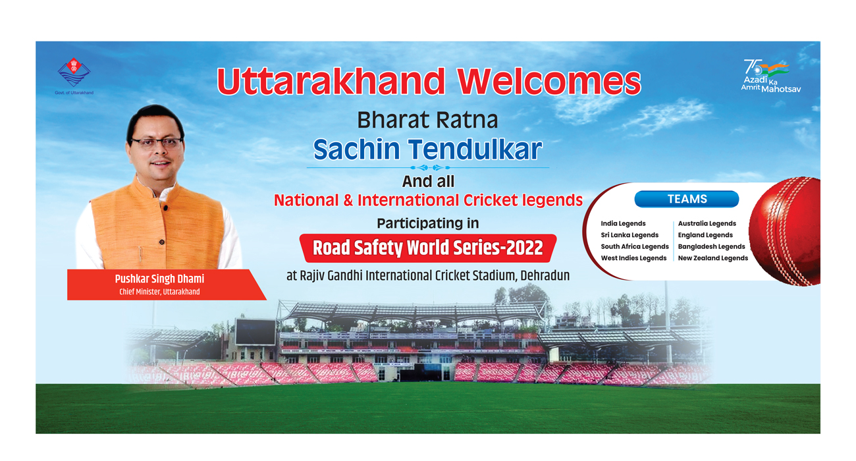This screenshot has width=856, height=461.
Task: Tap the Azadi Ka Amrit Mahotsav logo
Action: click(770, 76)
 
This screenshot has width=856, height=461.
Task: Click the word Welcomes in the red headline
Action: click(549, 82)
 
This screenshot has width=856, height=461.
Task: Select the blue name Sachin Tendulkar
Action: click(427, 149)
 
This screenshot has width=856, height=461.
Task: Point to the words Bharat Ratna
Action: click(427, 120)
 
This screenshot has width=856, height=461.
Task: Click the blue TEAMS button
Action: click(687, 199)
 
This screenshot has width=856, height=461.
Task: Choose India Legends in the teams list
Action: click(623, 224)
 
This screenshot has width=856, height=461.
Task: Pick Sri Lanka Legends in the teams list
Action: click(629, 235)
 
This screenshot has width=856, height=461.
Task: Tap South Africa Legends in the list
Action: click(635, 246)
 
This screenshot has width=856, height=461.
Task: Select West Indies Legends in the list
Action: click(633, 258)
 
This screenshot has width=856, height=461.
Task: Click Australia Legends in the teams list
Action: click(707, 224)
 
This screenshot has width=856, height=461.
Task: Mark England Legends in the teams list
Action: click(705, 235)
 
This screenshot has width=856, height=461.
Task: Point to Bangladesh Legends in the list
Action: click(712, 246)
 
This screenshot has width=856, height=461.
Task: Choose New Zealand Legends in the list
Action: click(713, 258)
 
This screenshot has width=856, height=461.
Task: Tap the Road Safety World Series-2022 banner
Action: click(428, 248)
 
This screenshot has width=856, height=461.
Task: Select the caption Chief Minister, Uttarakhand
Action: click(159, 292)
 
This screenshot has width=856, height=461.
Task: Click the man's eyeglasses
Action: click(157, 143)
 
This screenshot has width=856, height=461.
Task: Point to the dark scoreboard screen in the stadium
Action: click(255, 331)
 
